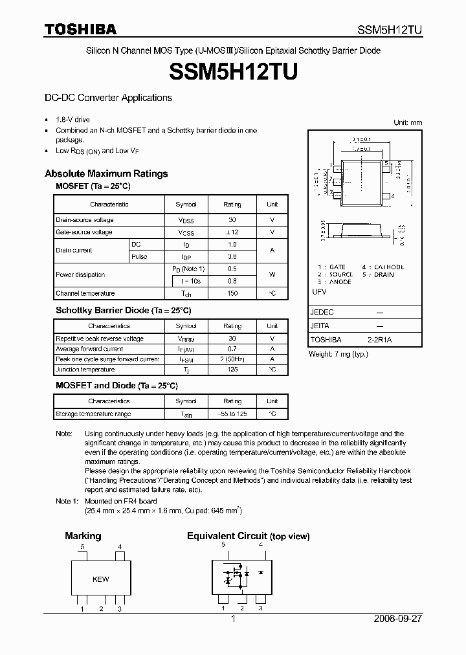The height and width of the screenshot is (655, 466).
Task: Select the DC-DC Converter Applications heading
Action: (108, 98)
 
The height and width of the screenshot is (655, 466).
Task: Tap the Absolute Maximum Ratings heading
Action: (106, 173)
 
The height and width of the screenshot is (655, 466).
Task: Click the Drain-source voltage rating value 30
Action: (232, 220)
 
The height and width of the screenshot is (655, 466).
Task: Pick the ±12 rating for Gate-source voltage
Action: (232, 232)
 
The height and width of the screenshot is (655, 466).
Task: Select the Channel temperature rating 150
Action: (232, 293)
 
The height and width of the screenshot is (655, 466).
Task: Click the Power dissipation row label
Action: (80, 274)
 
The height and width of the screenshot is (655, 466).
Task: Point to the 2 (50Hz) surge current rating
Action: (232, 359)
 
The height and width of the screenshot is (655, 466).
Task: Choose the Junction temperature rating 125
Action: (232, 370)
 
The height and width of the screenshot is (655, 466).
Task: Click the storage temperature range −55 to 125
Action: (232, 414)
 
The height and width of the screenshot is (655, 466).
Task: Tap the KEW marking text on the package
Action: (100, 579)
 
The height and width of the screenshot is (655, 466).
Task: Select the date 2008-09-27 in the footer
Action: (398, 619)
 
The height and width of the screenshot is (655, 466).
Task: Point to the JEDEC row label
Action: (322, 312)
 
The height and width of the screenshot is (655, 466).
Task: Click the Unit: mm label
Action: (407, 122)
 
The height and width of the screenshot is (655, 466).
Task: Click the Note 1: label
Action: (69, 501)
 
